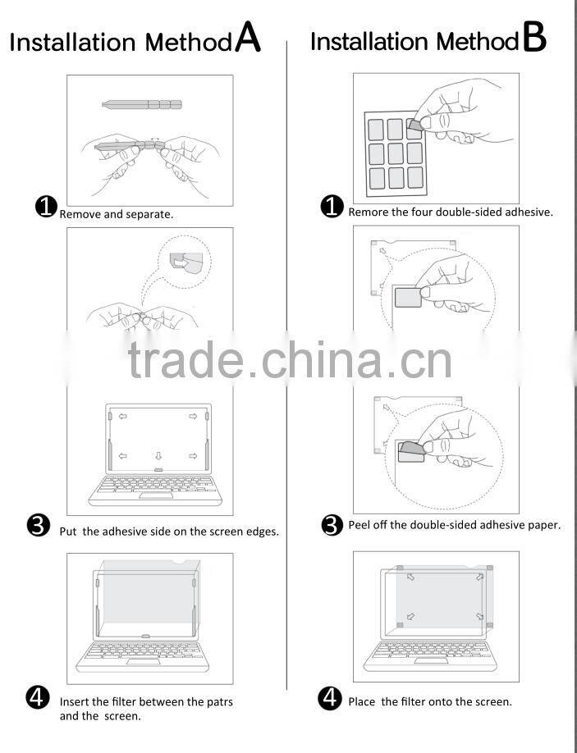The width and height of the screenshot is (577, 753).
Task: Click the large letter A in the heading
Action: tap(247, 38)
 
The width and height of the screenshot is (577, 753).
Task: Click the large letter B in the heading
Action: tap(533, 38)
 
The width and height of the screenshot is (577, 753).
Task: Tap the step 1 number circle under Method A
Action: tap(46, 207)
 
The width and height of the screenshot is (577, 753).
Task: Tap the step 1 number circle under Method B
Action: tap(332, 207)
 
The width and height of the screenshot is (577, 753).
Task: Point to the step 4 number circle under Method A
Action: tap(38, 698)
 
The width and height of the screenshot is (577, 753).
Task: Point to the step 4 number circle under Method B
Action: tap(330, 699)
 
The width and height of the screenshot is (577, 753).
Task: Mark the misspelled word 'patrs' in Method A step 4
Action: tap(218, 701)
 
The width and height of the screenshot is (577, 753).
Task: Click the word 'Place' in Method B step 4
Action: tap(362, 701)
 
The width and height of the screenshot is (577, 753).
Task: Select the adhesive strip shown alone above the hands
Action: tap(141, 104)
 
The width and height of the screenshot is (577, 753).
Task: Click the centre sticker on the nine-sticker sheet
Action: tap(396, 153)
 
